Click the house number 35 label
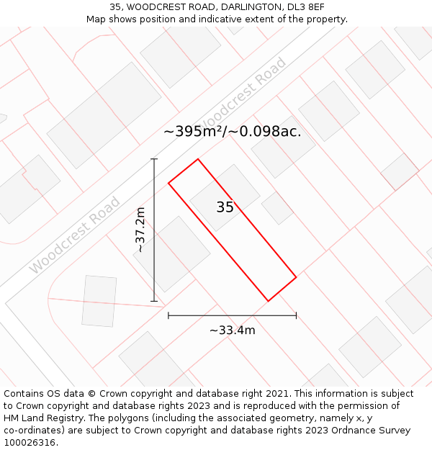pos(225,207)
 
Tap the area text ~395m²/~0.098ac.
pos(232,131)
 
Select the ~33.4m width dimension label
pos(232,330)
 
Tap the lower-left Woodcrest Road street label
pos(76,235)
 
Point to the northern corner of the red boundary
pos(197,159)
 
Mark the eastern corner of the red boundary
pos(296,276)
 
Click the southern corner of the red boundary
pos(268,301)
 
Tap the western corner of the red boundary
pos(168,183)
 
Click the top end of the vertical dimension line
pos(154,159)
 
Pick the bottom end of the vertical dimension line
pos(154,301)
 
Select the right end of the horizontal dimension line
pos(296,315)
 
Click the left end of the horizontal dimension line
pos(168,315)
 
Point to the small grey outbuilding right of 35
pos(277,208)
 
